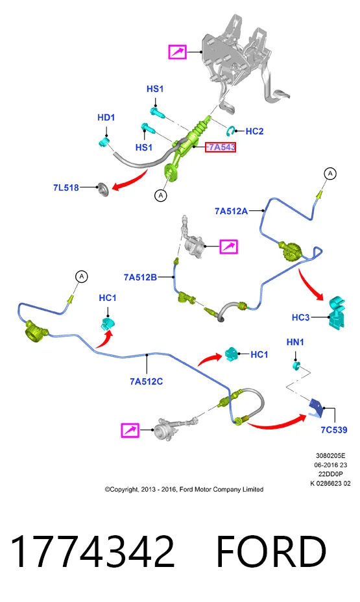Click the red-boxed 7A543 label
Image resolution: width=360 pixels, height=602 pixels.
pyautogui.click(x=221, y=147)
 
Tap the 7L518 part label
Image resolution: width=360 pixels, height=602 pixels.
pyautogui.click(x=66, y=187)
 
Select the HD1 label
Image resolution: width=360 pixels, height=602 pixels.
pyautogui.click(x=106, y=117)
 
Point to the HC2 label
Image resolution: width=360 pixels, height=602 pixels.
pyautogui.click(x=254, y=131)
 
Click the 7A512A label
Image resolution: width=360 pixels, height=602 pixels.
pyautogui.click(x=231, y=211)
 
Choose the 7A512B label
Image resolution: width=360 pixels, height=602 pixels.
pyautogui.click(x=140, y=277)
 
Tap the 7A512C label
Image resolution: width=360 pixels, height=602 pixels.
pyautogui.click(x=146, y=381)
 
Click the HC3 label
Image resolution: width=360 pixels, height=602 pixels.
pyautogui.click(x=300, y=317)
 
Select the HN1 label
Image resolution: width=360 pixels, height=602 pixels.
pyautogui.click(x=295, y=342)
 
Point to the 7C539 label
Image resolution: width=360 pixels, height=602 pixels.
pyautogui.click(x=334, y=429)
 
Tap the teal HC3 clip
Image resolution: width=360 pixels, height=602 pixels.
pyautogui.click(x=336, y=311)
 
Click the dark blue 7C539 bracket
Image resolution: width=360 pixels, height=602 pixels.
pyautogui.click(x=317, y=407)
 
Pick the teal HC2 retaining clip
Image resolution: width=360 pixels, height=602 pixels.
pyautogui.click(x=231, y=130)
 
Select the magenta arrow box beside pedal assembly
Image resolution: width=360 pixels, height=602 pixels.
pyautogui.click(x=178, y=51)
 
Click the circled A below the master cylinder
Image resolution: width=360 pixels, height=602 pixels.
pyautogui.click(x=161, y=195)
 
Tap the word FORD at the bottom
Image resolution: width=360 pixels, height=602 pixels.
pyautogui.click(x=271, y=551)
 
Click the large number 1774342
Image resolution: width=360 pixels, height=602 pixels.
pyautogui.click(x=93, y=551)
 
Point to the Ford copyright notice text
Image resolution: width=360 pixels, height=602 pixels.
pyautogui.click(x=184, y=490)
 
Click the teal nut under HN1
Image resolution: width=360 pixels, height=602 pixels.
pyautogui.click(x=296, y=365)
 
